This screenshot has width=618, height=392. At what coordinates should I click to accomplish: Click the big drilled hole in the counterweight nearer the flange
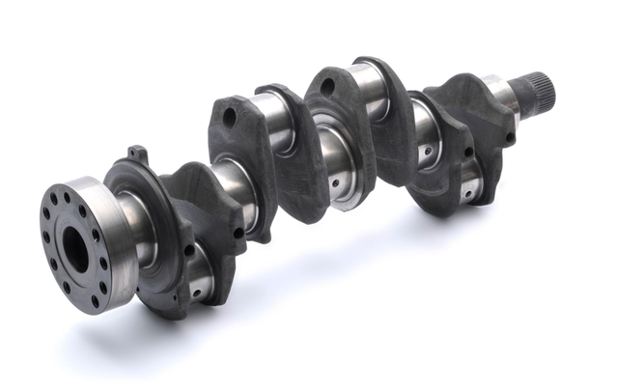tap(230, 118)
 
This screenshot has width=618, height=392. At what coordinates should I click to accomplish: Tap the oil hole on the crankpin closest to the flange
tap(197, 283)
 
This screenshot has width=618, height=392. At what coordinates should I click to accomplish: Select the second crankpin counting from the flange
tap(274, 126)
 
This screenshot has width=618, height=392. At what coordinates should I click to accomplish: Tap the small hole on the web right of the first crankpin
tap(239, 233)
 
